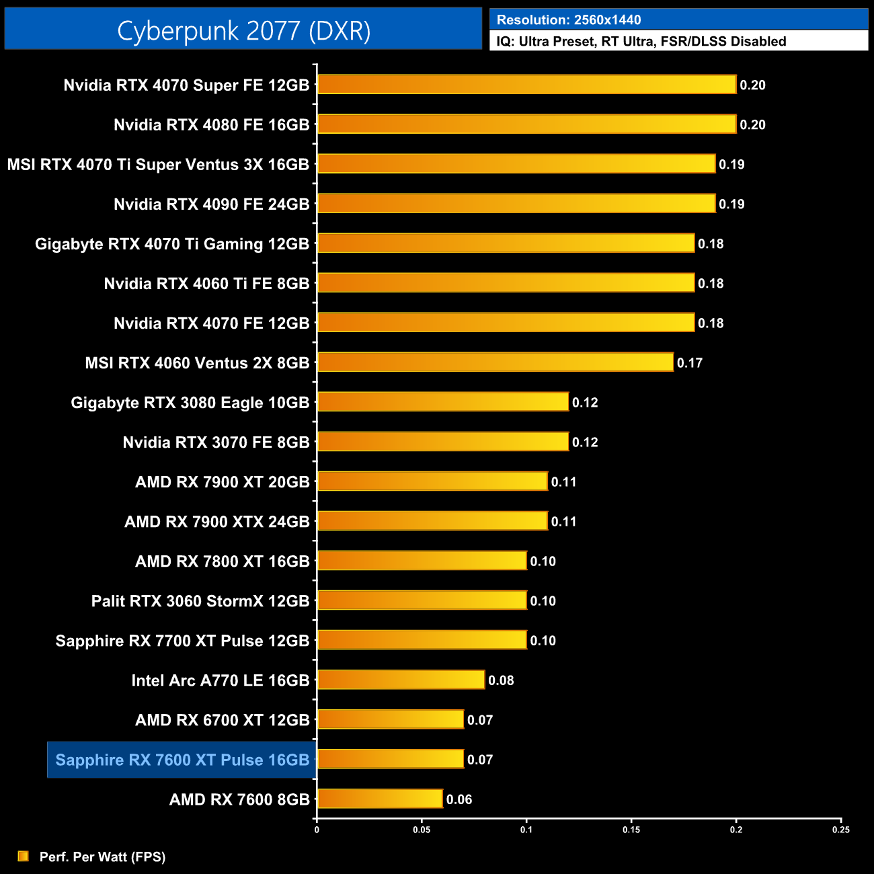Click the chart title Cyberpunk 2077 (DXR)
243,31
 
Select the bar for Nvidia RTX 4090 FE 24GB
516,204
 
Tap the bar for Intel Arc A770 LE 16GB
401,680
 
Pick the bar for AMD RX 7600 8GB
380,799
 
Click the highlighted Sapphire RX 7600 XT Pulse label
182,760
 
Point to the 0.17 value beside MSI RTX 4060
689,363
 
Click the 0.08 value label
501,680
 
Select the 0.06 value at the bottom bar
459,799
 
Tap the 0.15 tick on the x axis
631,830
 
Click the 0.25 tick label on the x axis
841,830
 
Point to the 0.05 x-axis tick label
422,830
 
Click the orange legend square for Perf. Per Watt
24,856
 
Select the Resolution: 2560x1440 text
569,20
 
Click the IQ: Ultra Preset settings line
641,42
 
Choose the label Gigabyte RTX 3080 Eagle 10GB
190,403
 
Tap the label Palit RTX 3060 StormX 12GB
200,601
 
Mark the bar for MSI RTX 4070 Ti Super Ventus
516,164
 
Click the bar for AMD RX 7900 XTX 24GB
432,521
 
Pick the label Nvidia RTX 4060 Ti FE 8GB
206,284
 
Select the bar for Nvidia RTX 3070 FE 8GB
442,442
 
